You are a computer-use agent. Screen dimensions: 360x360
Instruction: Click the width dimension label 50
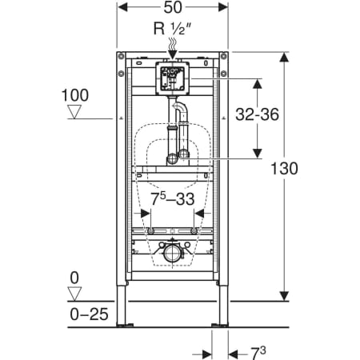point(173,7)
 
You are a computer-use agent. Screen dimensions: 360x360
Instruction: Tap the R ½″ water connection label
point(173,28)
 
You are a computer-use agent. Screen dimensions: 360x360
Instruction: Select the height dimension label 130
point(284,169)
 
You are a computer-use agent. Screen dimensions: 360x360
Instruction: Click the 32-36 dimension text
point(257,114)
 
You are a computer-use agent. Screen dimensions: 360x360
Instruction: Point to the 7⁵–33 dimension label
point(173,199)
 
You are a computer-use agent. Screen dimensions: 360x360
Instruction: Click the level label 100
point(75,95)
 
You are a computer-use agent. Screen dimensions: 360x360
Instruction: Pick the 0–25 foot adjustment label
point(89,314)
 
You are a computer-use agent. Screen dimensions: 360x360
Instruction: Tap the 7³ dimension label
point(258,354)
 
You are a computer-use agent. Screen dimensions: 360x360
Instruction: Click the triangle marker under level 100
point(74,112)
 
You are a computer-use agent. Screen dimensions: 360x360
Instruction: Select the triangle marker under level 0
point(74,294)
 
